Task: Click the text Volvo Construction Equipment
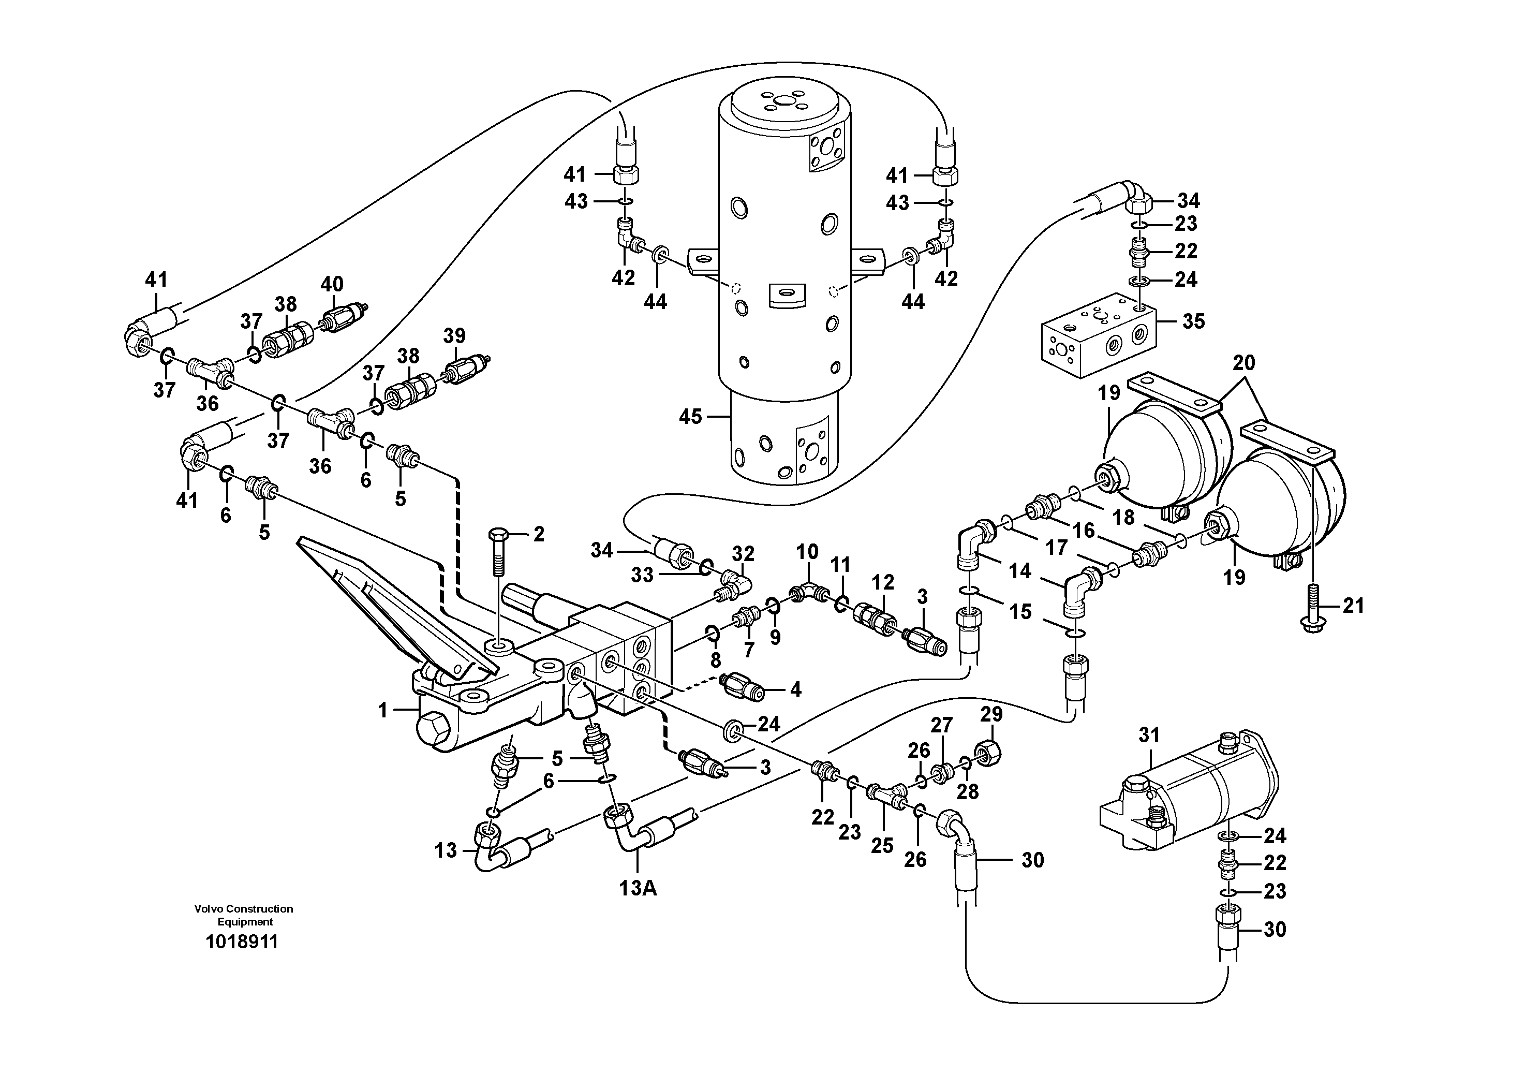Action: [244, 915]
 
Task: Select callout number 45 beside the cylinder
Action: [690, 417]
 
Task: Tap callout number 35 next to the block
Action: [1193, 321]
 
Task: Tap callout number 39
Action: [454, 335]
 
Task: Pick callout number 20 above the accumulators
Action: [1243, 363]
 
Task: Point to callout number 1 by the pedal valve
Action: [383, 710]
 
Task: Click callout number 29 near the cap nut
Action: [991, 714]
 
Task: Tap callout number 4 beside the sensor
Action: [795, 689]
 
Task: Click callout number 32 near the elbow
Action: [743, 553]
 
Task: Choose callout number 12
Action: [883, 582]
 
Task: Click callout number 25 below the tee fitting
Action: [882, 846]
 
